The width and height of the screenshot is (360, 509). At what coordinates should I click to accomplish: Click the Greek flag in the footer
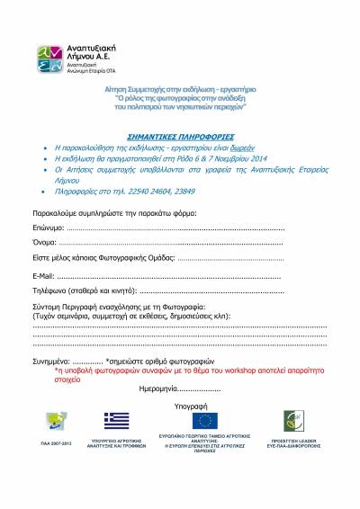(116, 420)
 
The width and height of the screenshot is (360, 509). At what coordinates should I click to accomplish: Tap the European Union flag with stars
(204, 420)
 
